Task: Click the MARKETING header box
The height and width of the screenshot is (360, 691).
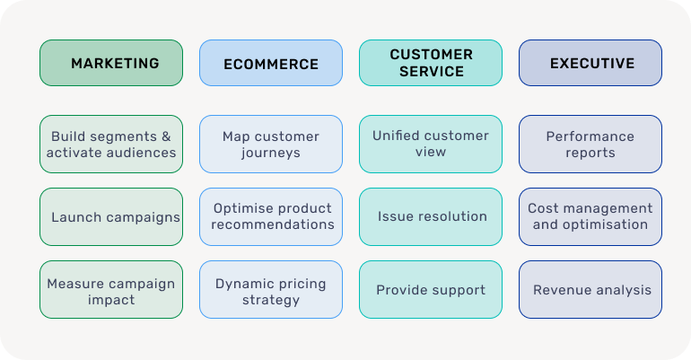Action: (111, 63)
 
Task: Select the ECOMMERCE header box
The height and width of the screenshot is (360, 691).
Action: (271, 63)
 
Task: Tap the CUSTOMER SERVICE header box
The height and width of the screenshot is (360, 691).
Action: (431, 63)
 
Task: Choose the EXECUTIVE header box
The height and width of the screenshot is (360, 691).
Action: (590, 63)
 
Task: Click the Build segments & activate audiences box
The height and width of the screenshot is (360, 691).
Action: (111, 145)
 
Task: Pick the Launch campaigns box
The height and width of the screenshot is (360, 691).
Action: (111, 217)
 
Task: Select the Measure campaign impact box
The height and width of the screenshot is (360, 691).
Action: (111, 290)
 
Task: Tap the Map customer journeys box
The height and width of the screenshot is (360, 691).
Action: (271, 145)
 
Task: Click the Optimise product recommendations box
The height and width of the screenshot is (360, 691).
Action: (271, 217)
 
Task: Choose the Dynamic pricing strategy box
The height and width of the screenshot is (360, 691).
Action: (271, 290)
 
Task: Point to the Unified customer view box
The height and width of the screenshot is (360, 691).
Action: (431, 145)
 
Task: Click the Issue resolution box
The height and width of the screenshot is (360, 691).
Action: (431, 217)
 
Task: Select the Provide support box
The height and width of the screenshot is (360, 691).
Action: (431, 290)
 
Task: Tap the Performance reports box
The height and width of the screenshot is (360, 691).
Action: (590, 145)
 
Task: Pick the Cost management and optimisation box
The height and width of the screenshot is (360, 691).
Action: (590, 217)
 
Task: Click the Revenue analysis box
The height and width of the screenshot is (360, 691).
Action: (590, 290)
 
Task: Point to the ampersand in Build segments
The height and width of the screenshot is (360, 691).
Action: (165, 136)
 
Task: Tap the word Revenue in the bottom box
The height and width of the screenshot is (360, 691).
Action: (562, 290)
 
